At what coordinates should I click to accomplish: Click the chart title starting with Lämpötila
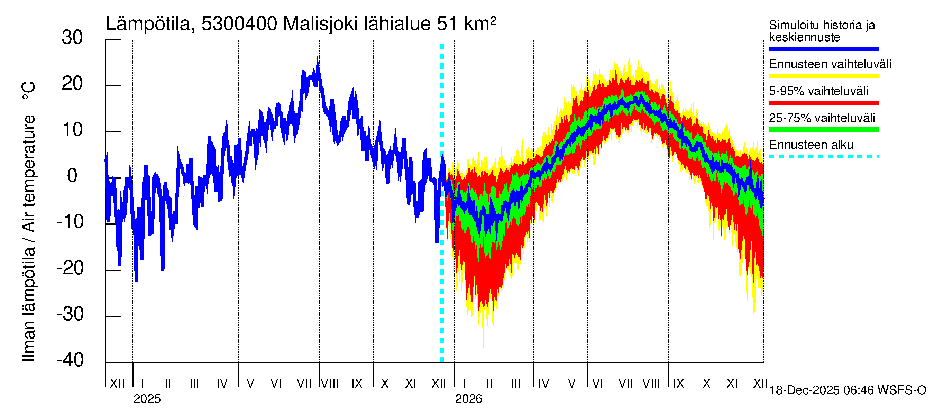click(x=301, y=24)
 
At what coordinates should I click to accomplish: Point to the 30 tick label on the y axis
click(x=72, y=37)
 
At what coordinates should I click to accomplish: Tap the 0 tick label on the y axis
click(x=72, y=176)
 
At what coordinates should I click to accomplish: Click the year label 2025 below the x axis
click(x=147, y=399)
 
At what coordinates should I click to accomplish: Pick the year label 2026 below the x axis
click(x=468, y=399)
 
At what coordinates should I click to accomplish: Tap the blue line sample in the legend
click(x=823, y=49)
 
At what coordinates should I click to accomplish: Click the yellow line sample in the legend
click(x=823, y=76)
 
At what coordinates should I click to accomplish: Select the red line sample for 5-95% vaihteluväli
click(x=823, y=103)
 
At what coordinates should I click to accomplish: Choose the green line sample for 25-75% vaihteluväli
click(x=823, y=130)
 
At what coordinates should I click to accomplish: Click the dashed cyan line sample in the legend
click(x=823, y=157)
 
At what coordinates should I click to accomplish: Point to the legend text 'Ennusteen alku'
click(x=811, y=145)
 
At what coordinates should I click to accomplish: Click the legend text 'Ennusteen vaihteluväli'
click(x=830, y=64)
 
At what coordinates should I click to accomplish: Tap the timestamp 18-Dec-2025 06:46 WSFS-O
click(x=847, y=390)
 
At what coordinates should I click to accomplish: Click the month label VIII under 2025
click(x=330, y=383)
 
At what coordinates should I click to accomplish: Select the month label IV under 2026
click(x=543, y=383)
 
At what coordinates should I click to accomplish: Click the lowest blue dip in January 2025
click(x=136, y=281)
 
